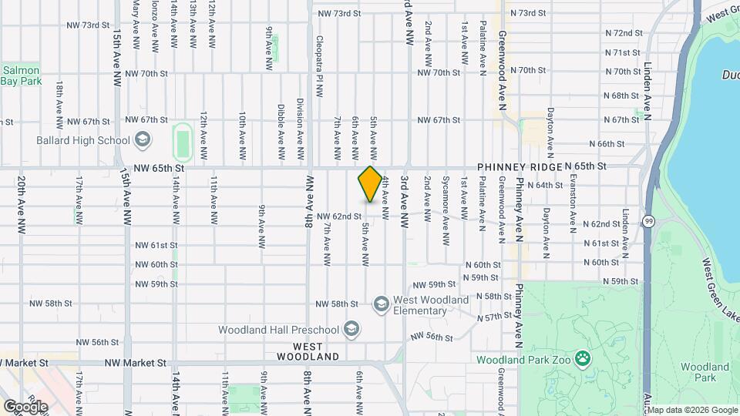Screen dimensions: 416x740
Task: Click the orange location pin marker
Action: pyautogui.click(x=370, y=184)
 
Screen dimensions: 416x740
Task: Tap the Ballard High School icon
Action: pyautogui.click(x=141, y=140)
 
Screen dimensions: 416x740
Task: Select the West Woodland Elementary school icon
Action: pyautogui.click(x=381, y=305)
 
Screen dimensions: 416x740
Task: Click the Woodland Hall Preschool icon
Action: pyautogui.click(x=351, y=330)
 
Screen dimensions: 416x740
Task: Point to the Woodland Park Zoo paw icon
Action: pyautogui.click(x=584, y=359)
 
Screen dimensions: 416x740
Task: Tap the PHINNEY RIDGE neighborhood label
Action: pyautogui.click(x=519, y=166)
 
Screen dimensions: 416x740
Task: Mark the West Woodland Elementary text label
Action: pyautogui.click(x=430, y=306)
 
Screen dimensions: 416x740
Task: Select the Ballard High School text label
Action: pyautogui.click(x=83, y=140)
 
